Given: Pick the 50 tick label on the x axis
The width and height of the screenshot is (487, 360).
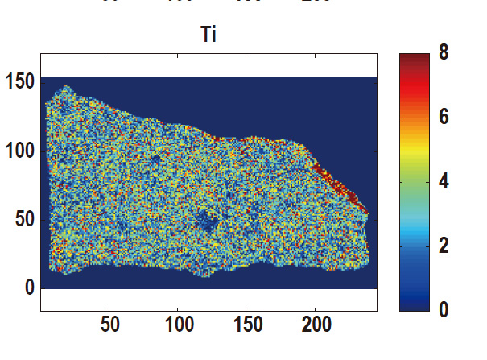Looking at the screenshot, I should click(110, 325).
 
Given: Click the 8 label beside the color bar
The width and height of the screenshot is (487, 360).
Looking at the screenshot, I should click(443, 54).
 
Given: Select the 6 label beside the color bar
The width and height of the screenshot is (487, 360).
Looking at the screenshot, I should click(443, 118).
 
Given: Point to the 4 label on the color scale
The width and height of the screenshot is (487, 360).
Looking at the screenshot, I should click(443, 181).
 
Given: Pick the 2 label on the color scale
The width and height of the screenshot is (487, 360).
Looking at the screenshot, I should click(443, 245).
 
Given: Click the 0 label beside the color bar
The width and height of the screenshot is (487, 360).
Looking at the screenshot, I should click(443, 308).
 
